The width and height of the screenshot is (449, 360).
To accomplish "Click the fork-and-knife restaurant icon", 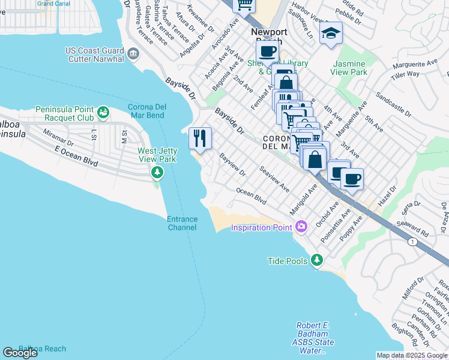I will tap(200, 139).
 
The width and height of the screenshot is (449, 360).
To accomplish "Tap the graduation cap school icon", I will tap(330, 34).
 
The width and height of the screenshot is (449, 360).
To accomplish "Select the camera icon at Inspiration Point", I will tap(301, 227).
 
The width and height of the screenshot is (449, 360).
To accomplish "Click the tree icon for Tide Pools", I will tap(317, 260).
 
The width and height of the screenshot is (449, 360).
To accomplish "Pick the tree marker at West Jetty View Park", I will tap(157, 173).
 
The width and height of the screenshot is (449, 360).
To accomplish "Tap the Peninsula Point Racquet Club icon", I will tap(103, 112).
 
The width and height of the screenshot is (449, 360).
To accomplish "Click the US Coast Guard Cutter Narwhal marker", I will tap(133, 55).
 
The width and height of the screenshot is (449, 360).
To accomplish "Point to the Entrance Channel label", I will tap(182, 223).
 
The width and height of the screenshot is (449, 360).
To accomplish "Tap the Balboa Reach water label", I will tap(42, 349).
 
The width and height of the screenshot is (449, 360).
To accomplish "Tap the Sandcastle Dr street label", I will tap(394, 104).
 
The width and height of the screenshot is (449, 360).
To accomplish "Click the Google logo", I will tap(20, 353).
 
